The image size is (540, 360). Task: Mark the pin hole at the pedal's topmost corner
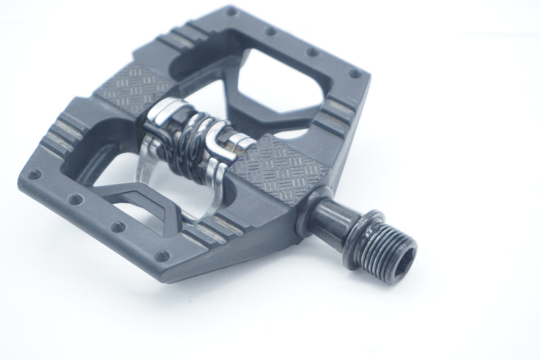pyautogui.click(x=232, y=10)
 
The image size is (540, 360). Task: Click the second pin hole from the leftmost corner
pyautogui.click(x=75, y=198)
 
